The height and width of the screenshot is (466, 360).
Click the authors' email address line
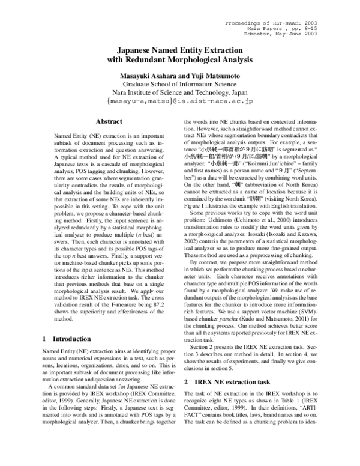180,102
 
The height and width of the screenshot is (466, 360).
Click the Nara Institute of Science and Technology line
180,93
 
